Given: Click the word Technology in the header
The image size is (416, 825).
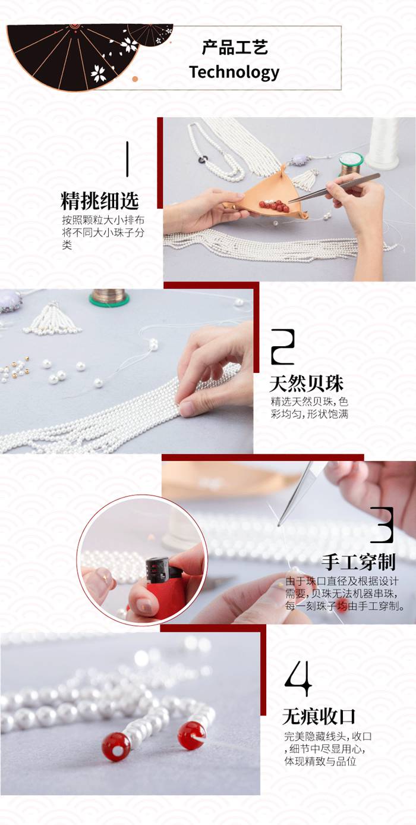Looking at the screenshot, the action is pos(234,72).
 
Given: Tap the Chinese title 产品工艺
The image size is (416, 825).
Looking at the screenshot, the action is pos(235,48).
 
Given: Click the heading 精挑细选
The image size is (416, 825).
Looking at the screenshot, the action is pos(99,200).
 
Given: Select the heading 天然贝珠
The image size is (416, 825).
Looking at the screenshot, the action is pos(306,384).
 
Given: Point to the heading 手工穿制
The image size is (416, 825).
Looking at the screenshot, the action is pos(358,562).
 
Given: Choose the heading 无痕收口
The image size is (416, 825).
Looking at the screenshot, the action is pos(319,717).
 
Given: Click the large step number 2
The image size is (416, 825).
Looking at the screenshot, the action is pos(283,347).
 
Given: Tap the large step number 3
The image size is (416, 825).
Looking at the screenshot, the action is pos(382,525).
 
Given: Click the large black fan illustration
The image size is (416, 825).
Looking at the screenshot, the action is pos(74,55).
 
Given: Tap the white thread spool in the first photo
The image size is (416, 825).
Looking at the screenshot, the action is pos(384,142).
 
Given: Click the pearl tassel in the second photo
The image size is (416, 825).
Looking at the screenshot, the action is pos(53,319).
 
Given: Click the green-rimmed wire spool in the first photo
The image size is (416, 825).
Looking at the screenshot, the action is pos(351,164).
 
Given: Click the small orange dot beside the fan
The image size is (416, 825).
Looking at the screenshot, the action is pos(135,79).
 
